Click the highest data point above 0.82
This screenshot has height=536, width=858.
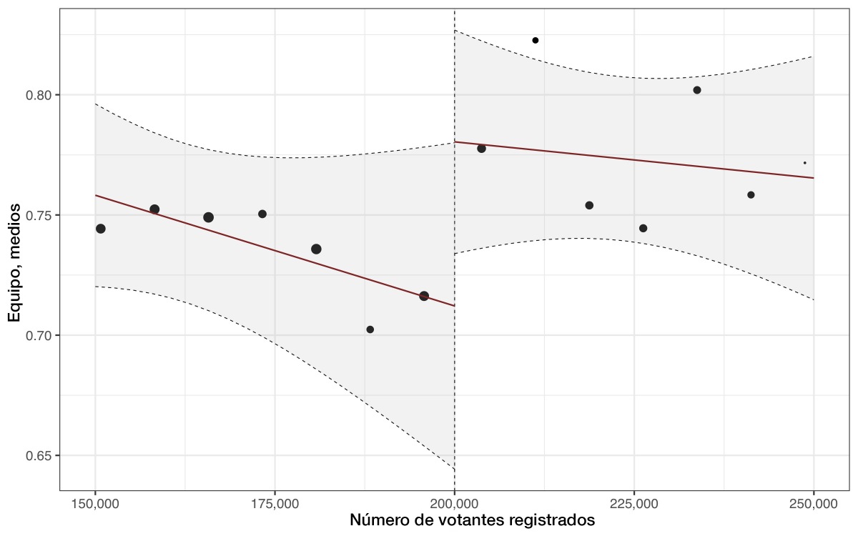[535, 40]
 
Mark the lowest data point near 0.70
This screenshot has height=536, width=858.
[370, 329]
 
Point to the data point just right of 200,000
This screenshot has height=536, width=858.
[481, 149]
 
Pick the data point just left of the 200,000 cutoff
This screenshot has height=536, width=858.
[424, 296]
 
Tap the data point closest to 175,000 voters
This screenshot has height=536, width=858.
[262, 214]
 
